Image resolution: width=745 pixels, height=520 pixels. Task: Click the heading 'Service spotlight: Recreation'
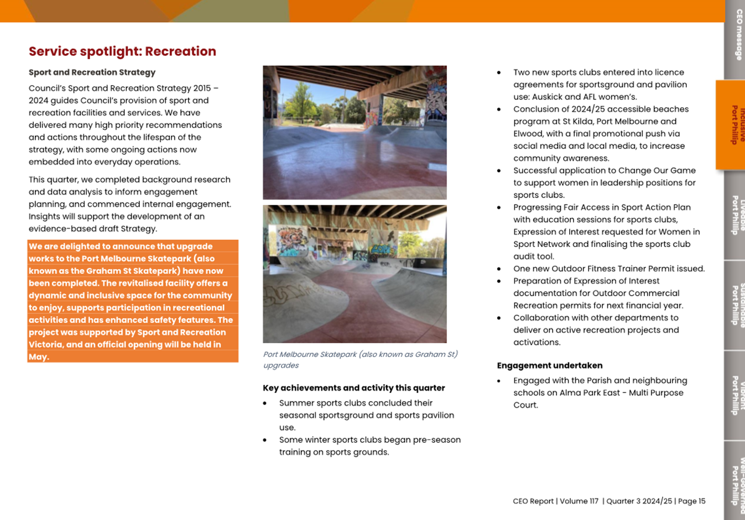tap(122, 51)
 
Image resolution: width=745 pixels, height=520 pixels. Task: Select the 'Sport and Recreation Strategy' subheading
tap(92, 72)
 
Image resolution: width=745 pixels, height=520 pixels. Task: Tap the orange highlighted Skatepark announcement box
tap(133, 301)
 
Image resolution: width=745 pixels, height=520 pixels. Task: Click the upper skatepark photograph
tap(355, 133)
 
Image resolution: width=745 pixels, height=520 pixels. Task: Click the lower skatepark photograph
tap(355, 274)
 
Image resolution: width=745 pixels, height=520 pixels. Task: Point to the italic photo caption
tap(360, 360)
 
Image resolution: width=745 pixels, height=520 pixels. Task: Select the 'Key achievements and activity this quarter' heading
tap(354, 388)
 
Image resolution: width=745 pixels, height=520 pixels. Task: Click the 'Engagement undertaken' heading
tap(549, 365)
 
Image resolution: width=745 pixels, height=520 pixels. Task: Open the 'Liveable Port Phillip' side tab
tap(735, 215)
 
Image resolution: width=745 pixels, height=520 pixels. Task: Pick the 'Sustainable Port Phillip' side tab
tap(735, 304)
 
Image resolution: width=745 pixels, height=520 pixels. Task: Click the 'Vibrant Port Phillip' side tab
tap(735, 395)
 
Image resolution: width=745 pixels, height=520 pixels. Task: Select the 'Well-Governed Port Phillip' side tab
tap(735, 481)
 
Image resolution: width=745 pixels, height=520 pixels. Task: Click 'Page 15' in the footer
tap(691, 501)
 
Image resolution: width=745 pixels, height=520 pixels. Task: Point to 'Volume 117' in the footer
tap(579, 501)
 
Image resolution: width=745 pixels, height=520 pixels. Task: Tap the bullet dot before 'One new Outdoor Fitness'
tap(499, 269)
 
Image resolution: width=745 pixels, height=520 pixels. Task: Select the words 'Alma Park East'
tap(576, 393)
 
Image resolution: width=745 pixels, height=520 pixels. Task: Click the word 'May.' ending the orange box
tap(39, 357)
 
